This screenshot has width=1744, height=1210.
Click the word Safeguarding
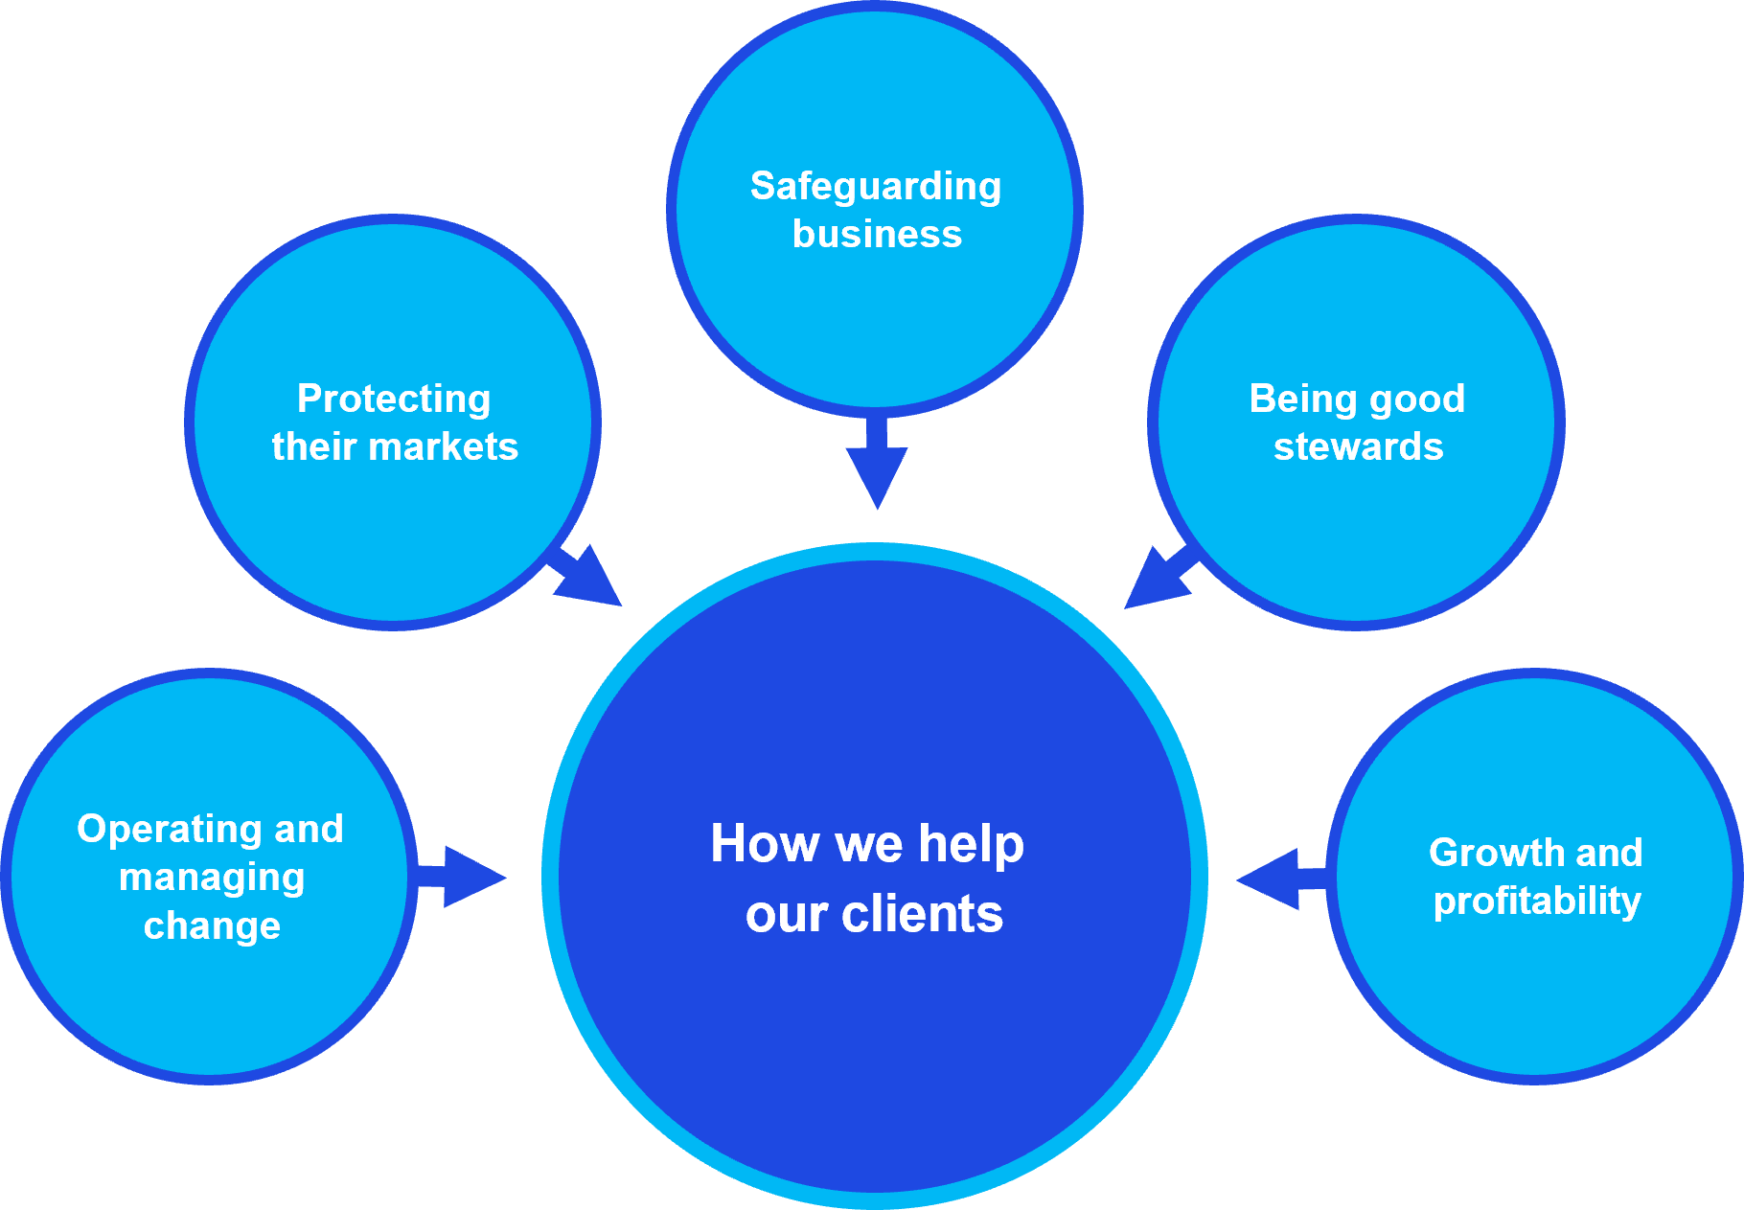pos(875,187)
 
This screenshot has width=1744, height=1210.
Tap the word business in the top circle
pos(877,235)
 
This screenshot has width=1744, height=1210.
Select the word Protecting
pos(394,400)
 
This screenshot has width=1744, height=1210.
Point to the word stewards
pos(1358,447)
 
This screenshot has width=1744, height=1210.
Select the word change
pos(212,926)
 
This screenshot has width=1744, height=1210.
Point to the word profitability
pos(1537,902)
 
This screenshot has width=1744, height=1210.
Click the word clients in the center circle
pos(922,915)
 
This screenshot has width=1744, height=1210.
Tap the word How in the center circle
pos(765,844)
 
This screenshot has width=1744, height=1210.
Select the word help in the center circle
pos(971,844)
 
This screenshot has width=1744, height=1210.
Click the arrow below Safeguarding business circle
pos(876,465)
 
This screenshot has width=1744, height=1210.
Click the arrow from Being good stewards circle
pos(1160,581)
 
